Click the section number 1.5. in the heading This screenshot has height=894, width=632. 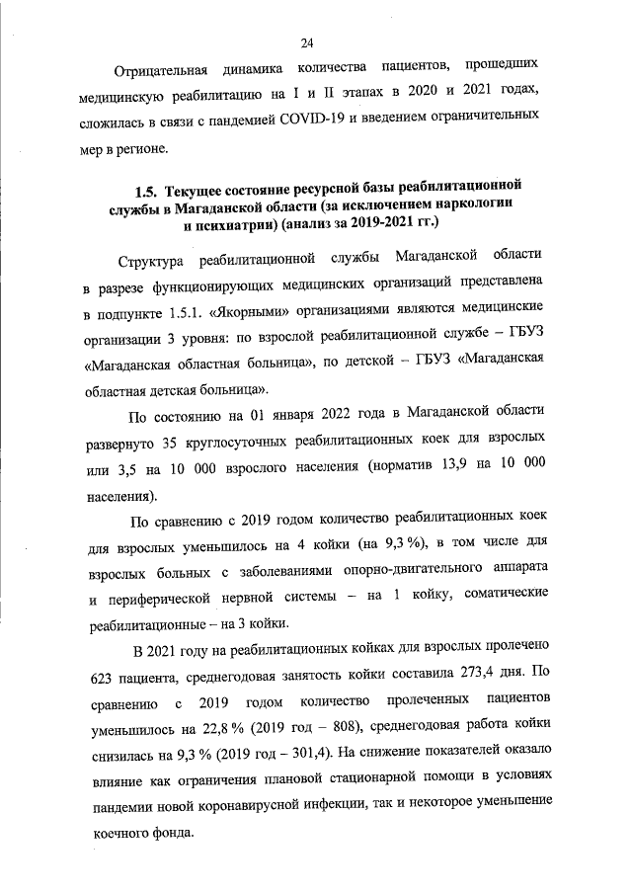[147, 187]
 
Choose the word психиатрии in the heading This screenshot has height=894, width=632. [230, 224]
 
